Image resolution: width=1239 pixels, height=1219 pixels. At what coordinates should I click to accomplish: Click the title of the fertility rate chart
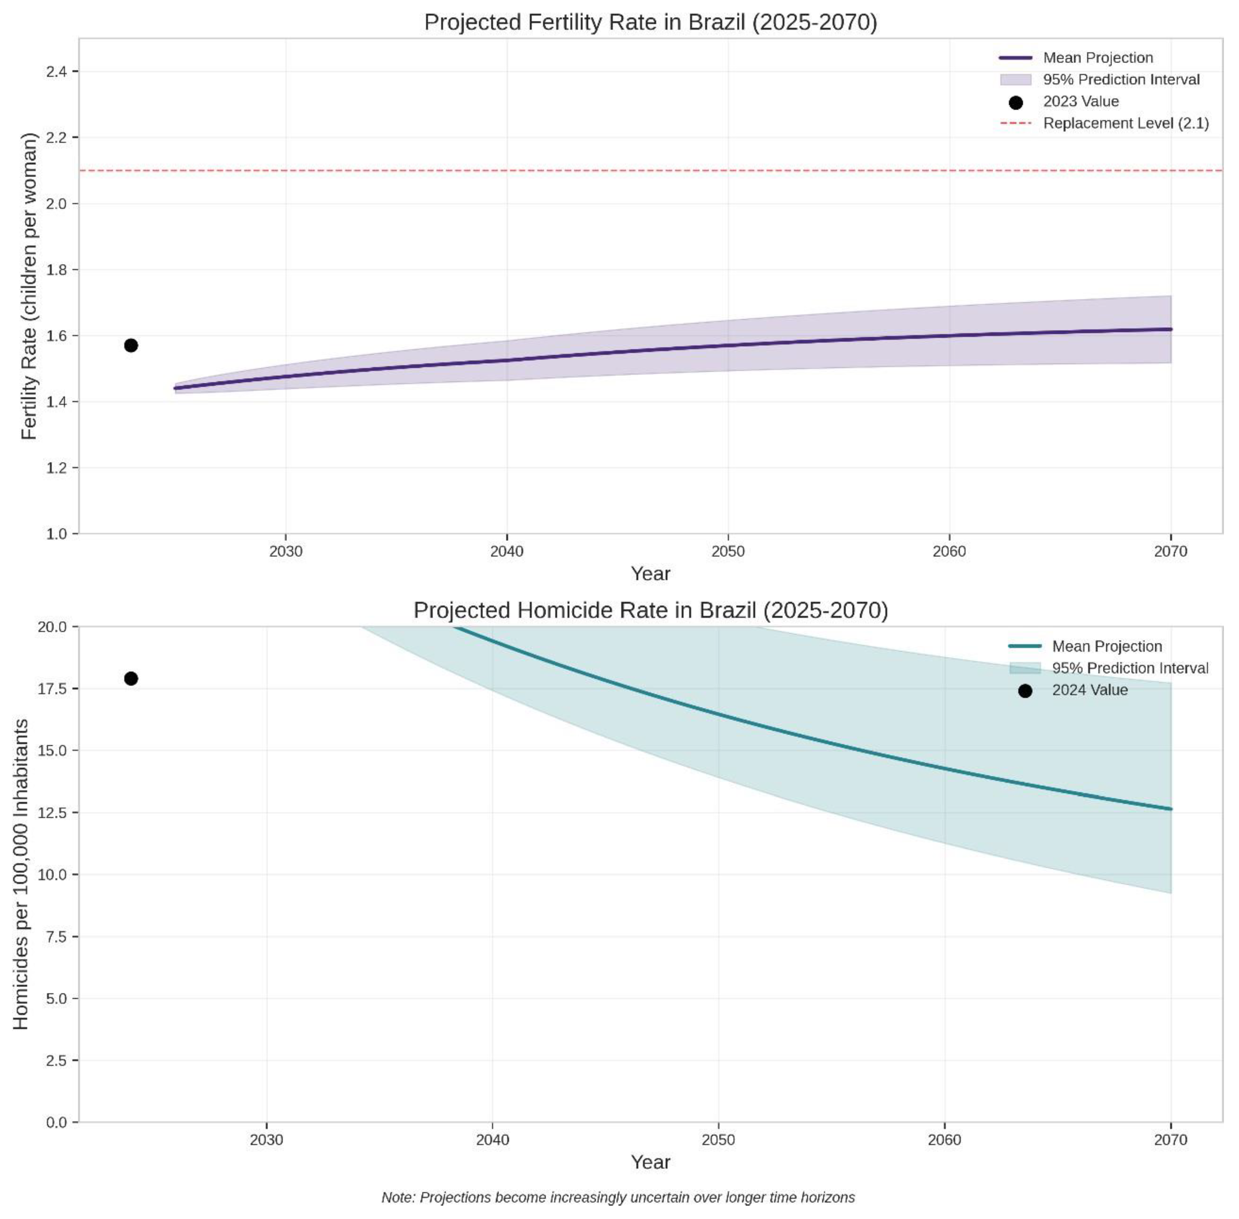coord(650,22)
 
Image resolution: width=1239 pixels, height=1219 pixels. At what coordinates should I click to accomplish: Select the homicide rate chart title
coord(650,610)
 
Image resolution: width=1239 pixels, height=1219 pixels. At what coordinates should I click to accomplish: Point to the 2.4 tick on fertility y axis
coord(56,72)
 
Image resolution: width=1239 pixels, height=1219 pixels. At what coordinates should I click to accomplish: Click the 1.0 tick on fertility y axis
coord(56,534)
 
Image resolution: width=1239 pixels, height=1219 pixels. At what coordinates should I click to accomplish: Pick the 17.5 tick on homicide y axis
coord(52,689)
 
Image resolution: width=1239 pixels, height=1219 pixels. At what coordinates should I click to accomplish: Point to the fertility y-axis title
coord(29,286)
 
